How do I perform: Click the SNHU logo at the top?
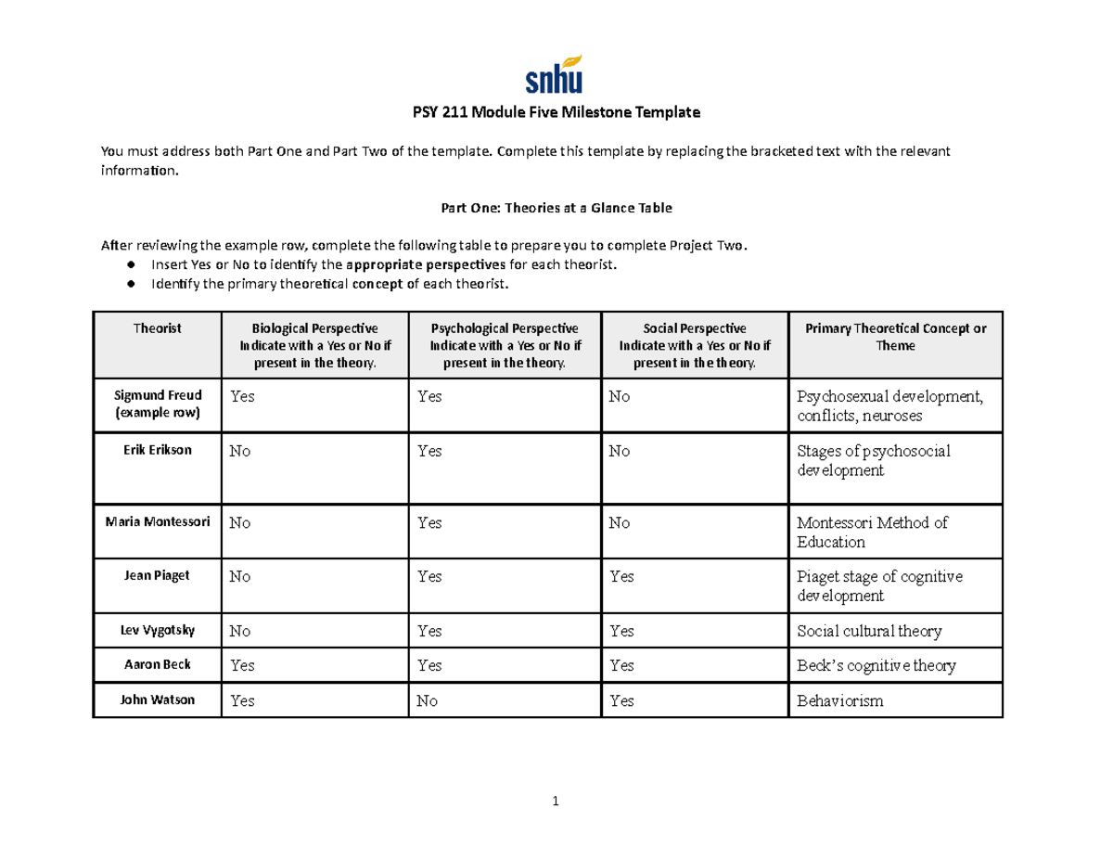tap(555, 73)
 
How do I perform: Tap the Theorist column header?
tap(157, 328)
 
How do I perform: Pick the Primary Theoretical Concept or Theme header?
tap(895, 337)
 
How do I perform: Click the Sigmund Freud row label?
tap(157, 404)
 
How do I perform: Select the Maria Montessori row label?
tap(157, 521)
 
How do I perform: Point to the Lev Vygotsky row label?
tap(157, 630)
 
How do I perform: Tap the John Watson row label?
tap(157, 700)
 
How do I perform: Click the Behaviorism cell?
tap(840, 701)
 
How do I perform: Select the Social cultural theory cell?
tap(869, 632)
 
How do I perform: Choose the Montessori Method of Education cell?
tap(872, 532)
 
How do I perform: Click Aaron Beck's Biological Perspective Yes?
tap(242, 666)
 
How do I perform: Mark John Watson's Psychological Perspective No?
tap(427, 701)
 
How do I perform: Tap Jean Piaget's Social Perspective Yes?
tap(621, 576)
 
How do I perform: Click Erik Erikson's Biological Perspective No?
tap(240, 452)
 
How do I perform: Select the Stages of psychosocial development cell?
tap(874, 461)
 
